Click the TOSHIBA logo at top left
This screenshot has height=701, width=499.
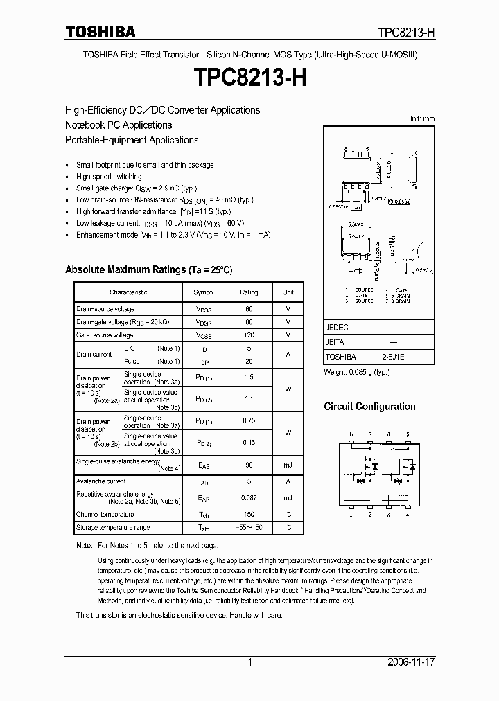pos(100,31)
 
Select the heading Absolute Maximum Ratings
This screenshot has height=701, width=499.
pos(148,269)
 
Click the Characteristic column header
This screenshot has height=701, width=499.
pos(128,292)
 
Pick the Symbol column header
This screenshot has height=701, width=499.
pos(204,292)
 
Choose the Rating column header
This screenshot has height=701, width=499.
pos(249,292)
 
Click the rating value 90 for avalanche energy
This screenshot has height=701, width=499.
pos(249,465)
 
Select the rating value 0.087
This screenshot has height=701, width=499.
pos(249,497)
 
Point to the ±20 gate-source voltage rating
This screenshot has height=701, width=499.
pos(249,335)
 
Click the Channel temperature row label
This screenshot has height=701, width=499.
pos(105,514)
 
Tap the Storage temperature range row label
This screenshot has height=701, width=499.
pos(112,528)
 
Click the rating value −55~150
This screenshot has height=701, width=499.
pos(249,528)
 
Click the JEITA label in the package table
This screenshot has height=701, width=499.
pos(335,342)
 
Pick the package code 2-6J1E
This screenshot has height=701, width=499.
pos(392,357)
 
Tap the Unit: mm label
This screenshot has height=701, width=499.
pos(420,118)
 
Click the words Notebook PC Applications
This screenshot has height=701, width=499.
pos(119,125)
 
